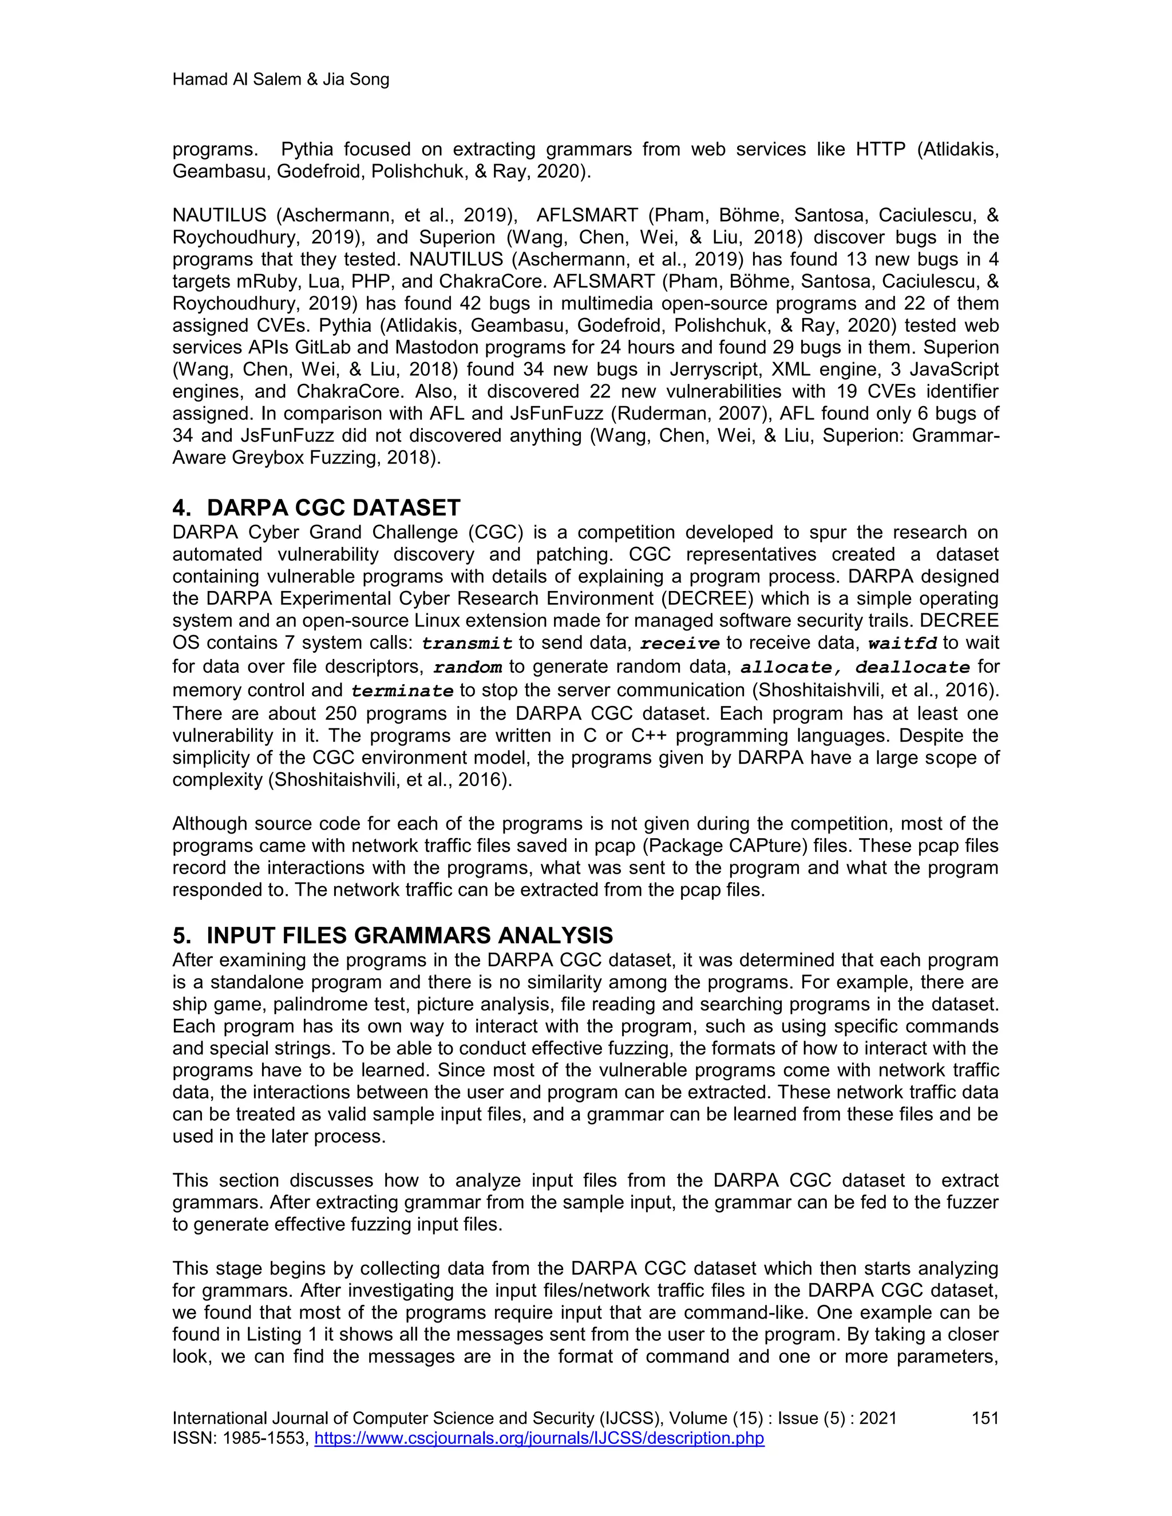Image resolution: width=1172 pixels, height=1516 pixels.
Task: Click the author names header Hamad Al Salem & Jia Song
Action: pos(280,80)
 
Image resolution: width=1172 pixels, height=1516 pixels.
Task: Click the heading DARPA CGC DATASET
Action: pos(333,507)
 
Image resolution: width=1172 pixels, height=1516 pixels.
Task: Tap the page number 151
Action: pos(984,1418)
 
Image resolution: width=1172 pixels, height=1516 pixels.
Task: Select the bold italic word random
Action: pos(468,668)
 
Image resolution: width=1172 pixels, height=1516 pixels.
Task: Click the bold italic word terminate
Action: pos(402,692)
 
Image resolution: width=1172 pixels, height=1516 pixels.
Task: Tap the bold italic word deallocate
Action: pos(912,668)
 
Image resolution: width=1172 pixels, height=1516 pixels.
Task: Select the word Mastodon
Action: pos(450,347)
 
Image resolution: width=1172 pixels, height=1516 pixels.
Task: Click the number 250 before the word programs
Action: pos(341,713)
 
